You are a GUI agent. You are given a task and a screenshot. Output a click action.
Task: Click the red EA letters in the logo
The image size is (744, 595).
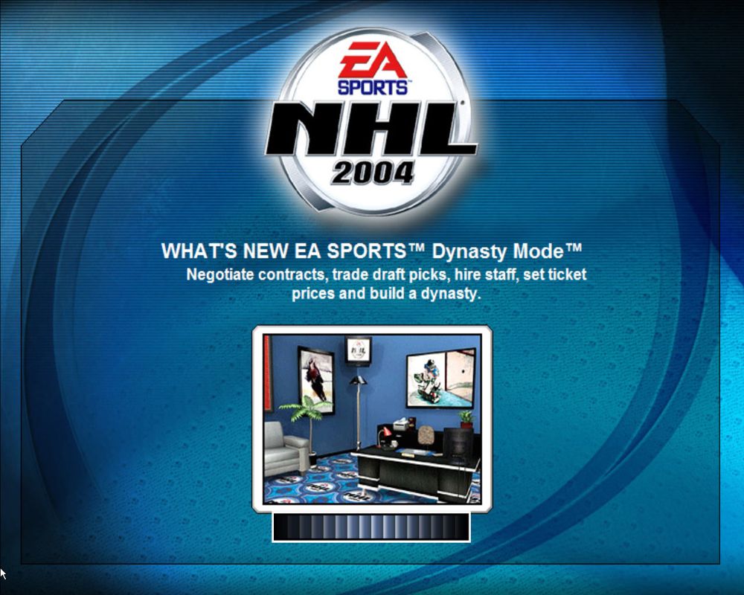tap(372, 59)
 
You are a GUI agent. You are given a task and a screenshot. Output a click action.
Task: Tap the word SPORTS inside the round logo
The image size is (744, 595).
tap(372, 86)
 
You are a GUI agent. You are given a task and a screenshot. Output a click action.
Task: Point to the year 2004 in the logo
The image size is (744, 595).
tap(373, 173)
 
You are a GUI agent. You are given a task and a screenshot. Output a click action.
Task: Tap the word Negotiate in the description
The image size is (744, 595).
tap(220, 274)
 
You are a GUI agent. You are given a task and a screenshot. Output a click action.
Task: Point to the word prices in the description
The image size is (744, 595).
tap(313, 293)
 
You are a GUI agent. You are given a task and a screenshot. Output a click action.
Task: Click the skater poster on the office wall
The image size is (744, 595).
tap(315, 376)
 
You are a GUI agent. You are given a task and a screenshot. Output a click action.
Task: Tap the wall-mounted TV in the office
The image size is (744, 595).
tap(358, 351)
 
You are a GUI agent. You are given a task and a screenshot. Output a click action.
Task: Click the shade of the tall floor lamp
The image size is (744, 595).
tap(358, 380)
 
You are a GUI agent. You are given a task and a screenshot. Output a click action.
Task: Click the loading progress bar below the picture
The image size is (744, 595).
tap(371, 527)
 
